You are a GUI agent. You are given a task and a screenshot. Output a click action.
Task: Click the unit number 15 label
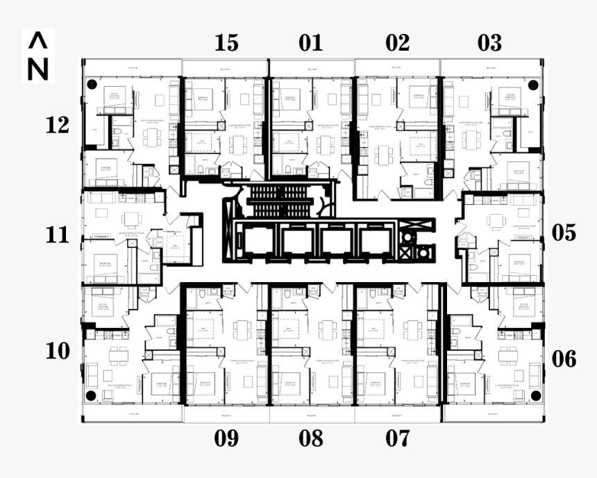pos(226,43)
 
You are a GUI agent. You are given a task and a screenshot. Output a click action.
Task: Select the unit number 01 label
pos(311,43)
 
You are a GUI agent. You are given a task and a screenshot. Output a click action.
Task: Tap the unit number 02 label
pos(398,43)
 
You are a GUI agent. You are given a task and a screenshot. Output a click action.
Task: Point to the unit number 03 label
pos(489,43)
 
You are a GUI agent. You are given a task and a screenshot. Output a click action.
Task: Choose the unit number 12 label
pos(58,126)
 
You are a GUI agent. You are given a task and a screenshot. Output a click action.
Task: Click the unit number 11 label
pos(58,235)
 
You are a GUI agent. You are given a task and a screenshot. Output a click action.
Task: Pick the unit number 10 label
pos(58,351)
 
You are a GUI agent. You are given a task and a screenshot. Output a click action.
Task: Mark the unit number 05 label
pos(564,233)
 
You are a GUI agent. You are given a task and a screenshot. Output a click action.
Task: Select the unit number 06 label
pos(564,358)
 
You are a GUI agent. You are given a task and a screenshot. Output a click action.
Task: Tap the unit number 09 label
pos(226,438)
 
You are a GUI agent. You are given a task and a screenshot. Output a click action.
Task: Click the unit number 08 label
pos(311,438)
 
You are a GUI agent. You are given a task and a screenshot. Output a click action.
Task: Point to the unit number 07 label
pos(398,438)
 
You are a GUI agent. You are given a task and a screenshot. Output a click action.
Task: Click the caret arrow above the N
pos(38,41)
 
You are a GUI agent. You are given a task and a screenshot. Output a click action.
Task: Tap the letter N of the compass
pos(38,69)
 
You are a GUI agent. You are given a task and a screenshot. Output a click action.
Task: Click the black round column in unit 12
pos(91,85)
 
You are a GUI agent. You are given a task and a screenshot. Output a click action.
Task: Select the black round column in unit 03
pos(532,85)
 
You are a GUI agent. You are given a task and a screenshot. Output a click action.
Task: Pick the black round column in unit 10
pos(91,395)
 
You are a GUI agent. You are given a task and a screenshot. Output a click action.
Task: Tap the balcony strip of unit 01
pos(312,68)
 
